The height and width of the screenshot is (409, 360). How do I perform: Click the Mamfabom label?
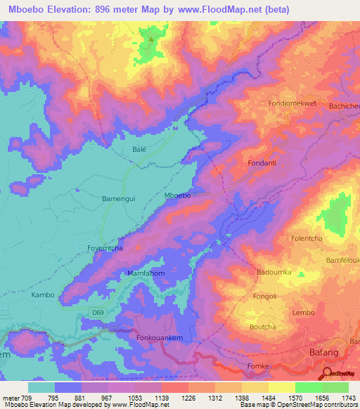[x=145, y=273]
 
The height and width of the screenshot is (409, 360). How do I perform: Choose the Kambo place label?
[x=43, y=295]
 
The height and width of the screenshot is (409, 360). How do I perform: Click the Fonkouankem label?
[x=158, y=338]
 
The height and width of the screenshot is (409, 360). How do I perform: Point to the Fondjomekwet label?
[x=293, y=103]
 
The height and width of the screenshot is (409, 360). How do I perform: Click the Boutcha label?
[x=263, y=327]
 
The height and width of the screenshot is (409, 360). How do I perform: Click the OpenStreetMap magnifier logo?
[x=328, y=373]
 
